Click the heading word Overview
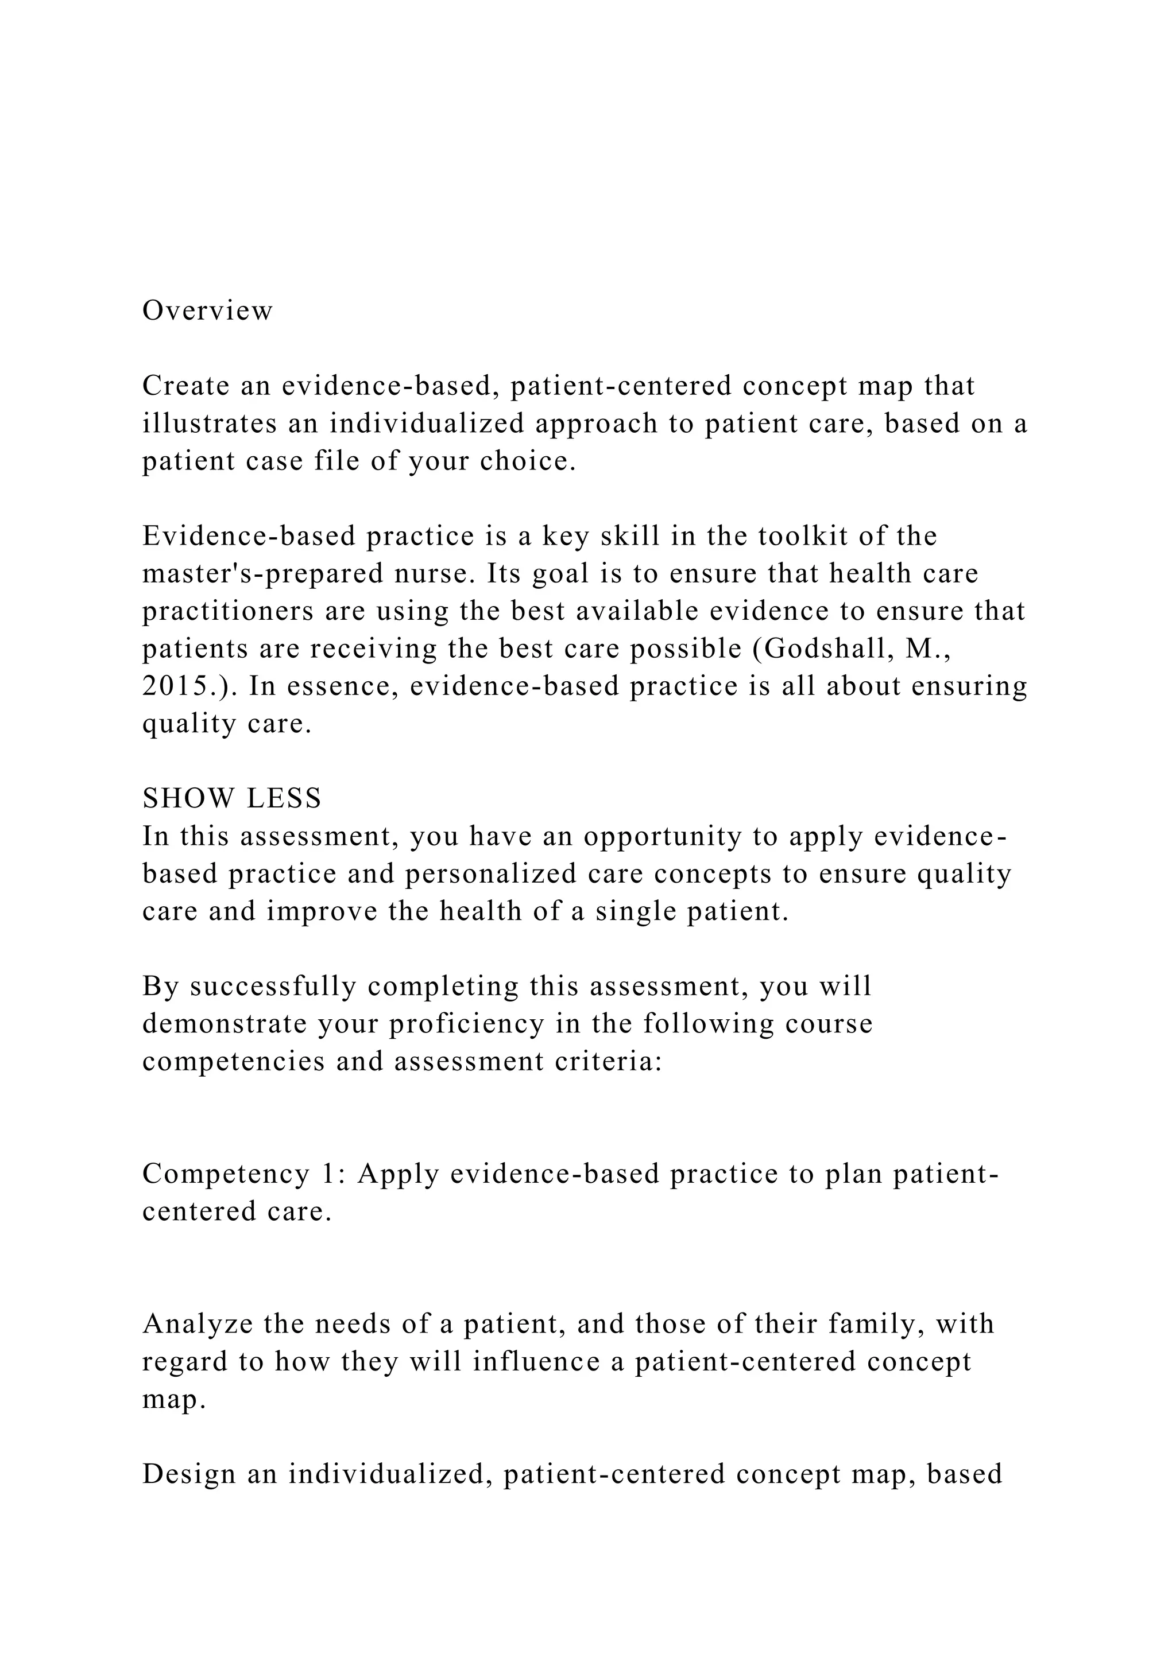207,311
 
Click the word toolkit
803,537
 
